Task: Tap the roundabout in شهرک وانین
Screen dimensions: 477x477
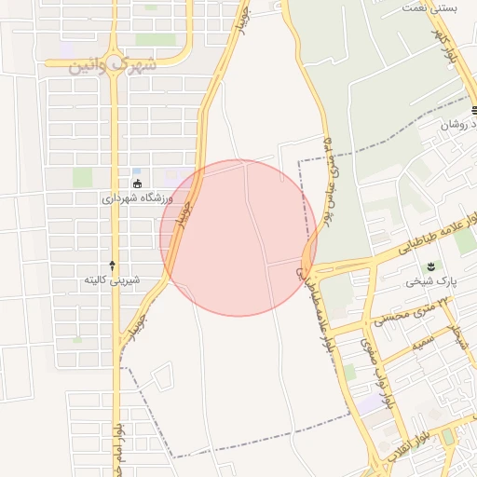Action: (115, 68)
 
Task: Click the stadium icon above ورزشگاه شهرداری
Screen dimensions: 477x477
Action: (138, 184)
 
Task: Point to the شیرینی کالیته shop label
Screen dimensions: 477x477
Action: (112, 279)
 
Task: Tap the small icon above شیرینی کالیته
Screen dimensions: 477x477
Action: (112, 266)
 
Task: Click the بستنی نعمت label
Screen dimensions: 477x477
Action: (430, 7)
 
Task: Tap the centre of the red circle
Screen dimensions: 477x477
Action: (238, 238)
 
